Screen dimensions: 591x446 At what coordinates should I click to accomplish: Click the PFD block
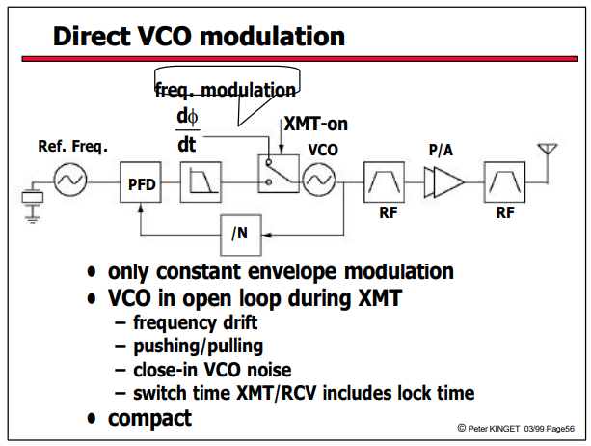coord(141,182)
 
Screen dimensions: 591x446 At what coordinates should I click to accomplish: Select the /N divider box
coord(241,236)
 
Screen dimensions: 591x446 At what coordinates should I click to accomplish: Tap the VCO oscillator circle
coord(319,180)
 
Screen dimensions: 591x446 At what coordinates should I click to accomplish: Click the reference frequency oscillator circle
coord(70,180)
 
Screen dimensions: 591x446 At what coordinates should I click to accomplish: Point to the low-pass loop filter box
coord(201,182)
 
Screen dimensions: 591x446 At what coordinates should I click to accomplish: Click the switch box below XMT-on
coord(279,174)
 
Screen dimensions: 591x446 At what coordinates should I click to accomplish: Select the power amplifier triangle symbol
coord(444,182)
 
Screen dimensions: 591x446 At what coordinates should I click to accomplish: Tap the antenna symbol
coord(548,149)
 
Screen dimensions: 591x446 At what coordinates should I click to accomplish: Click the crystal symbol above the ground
coord(33,197)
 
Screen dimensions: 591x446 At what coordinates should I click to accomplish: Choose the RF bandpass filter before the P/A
coord(384,182)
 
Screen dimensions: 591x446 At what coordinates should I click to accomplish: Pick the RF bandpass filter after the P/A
coord(504,182)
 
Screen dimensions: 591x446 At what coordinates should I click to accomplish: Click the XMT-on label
coord(316,124)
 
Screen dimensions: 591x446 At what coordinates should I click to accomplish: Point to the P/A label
coord(441,150)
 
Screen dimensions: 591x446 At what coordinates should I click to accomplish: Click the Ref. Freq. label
coord(72,146)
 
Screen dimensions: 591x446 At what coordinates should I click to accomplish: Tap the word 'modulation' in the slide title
coord(272,37)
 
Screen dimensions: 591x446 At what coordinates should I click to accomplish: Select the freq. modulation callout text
coord(226,91)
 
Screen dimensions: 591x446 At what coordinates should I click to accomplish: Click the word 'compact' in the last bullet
coord(149,418)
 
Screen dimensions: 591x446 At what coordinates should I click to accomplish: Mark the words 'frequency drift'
coord(196,323)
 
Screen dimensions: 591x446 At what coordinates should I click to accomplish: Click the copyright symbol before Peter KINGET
coord(462,428)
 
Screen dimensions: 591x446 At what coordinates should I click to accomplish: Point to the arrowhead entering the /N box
coord(267,236)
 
